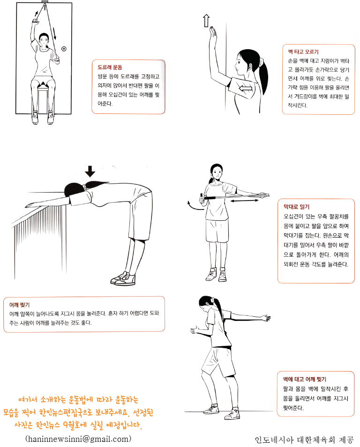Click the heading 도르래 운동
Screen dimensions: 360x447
click(x=110, y=67)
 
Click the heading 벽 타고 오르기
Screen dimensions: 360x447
click(x=303, y=52)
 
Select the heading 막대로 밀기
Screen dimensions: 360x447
click(x=296, y=207)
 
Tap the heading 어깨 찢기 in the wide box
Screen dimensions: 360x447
click(x=19, y=305)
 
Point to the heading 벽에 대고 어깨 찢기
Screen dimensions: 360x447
click(x=304, y=379)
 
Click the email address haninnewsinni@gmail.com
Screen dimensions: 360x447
click(x=78, y=439)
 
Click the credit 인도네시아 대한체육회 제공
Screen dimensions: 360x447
click(x=304, y=440)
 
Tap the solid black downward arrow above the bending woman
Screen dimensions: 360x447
click(x=90, y=171)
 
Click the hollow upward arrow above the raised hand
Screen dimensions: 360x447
click(x=206, y=21)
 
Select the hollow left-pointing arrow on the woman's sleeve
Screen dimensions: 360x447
click(x=245, y=88)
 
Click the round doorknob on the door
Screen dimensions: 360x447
click(x=64, y=49)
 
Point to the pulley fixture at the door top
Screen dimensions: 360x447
click(x=45, y=2)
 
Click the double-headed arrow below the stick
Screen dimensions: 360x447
click(x=245, y=201)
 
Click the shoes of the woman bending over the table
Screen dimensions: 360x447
click(x=123, y=278)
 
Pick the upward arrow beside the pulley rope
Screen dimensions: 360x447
click(x=36, y=13)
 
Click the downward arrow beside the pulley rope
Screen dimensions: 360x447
click(x=54, y=34)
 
